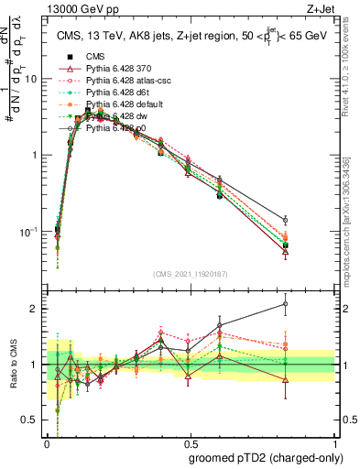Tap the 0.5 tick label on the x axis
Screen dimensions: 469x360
pos(191,441)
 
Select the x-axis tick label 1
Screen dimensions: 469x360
pos(334,441)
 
